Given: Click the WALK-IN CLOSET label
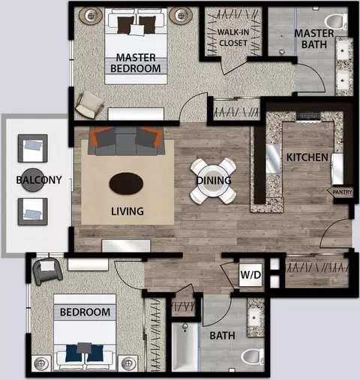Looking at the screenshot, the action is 233,38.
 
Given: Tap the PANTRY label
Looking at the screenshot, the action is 342,192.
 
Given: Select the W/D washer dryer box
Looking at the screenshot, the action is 250,275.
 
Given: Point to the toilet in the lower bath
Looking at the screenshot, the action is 253,357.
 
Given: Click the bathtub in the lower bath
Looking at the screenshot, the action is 185,347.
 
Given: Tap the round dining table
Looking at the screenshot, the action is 213,181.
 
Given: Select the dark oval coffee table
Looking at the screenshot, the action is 126,183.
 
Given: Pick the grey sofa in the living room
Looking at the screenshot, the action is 126,140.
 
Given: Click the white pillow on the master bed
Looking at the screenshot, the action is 137,30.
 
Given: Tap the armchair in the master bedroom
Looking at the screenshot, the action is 89,105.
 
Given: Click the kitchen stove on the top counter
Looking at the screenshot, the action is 308,117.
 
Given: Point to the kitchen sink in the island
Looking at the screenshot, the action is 272,159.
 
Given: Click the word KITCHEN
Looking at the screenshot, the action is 307,157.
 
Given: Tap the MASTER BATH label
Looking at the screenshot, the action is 314,39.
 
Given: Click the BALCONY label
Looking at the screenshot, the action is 39,179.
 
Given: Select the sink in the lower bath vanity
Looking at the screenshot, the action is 255,318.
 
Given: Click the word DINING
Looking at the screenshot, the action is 214,180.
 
